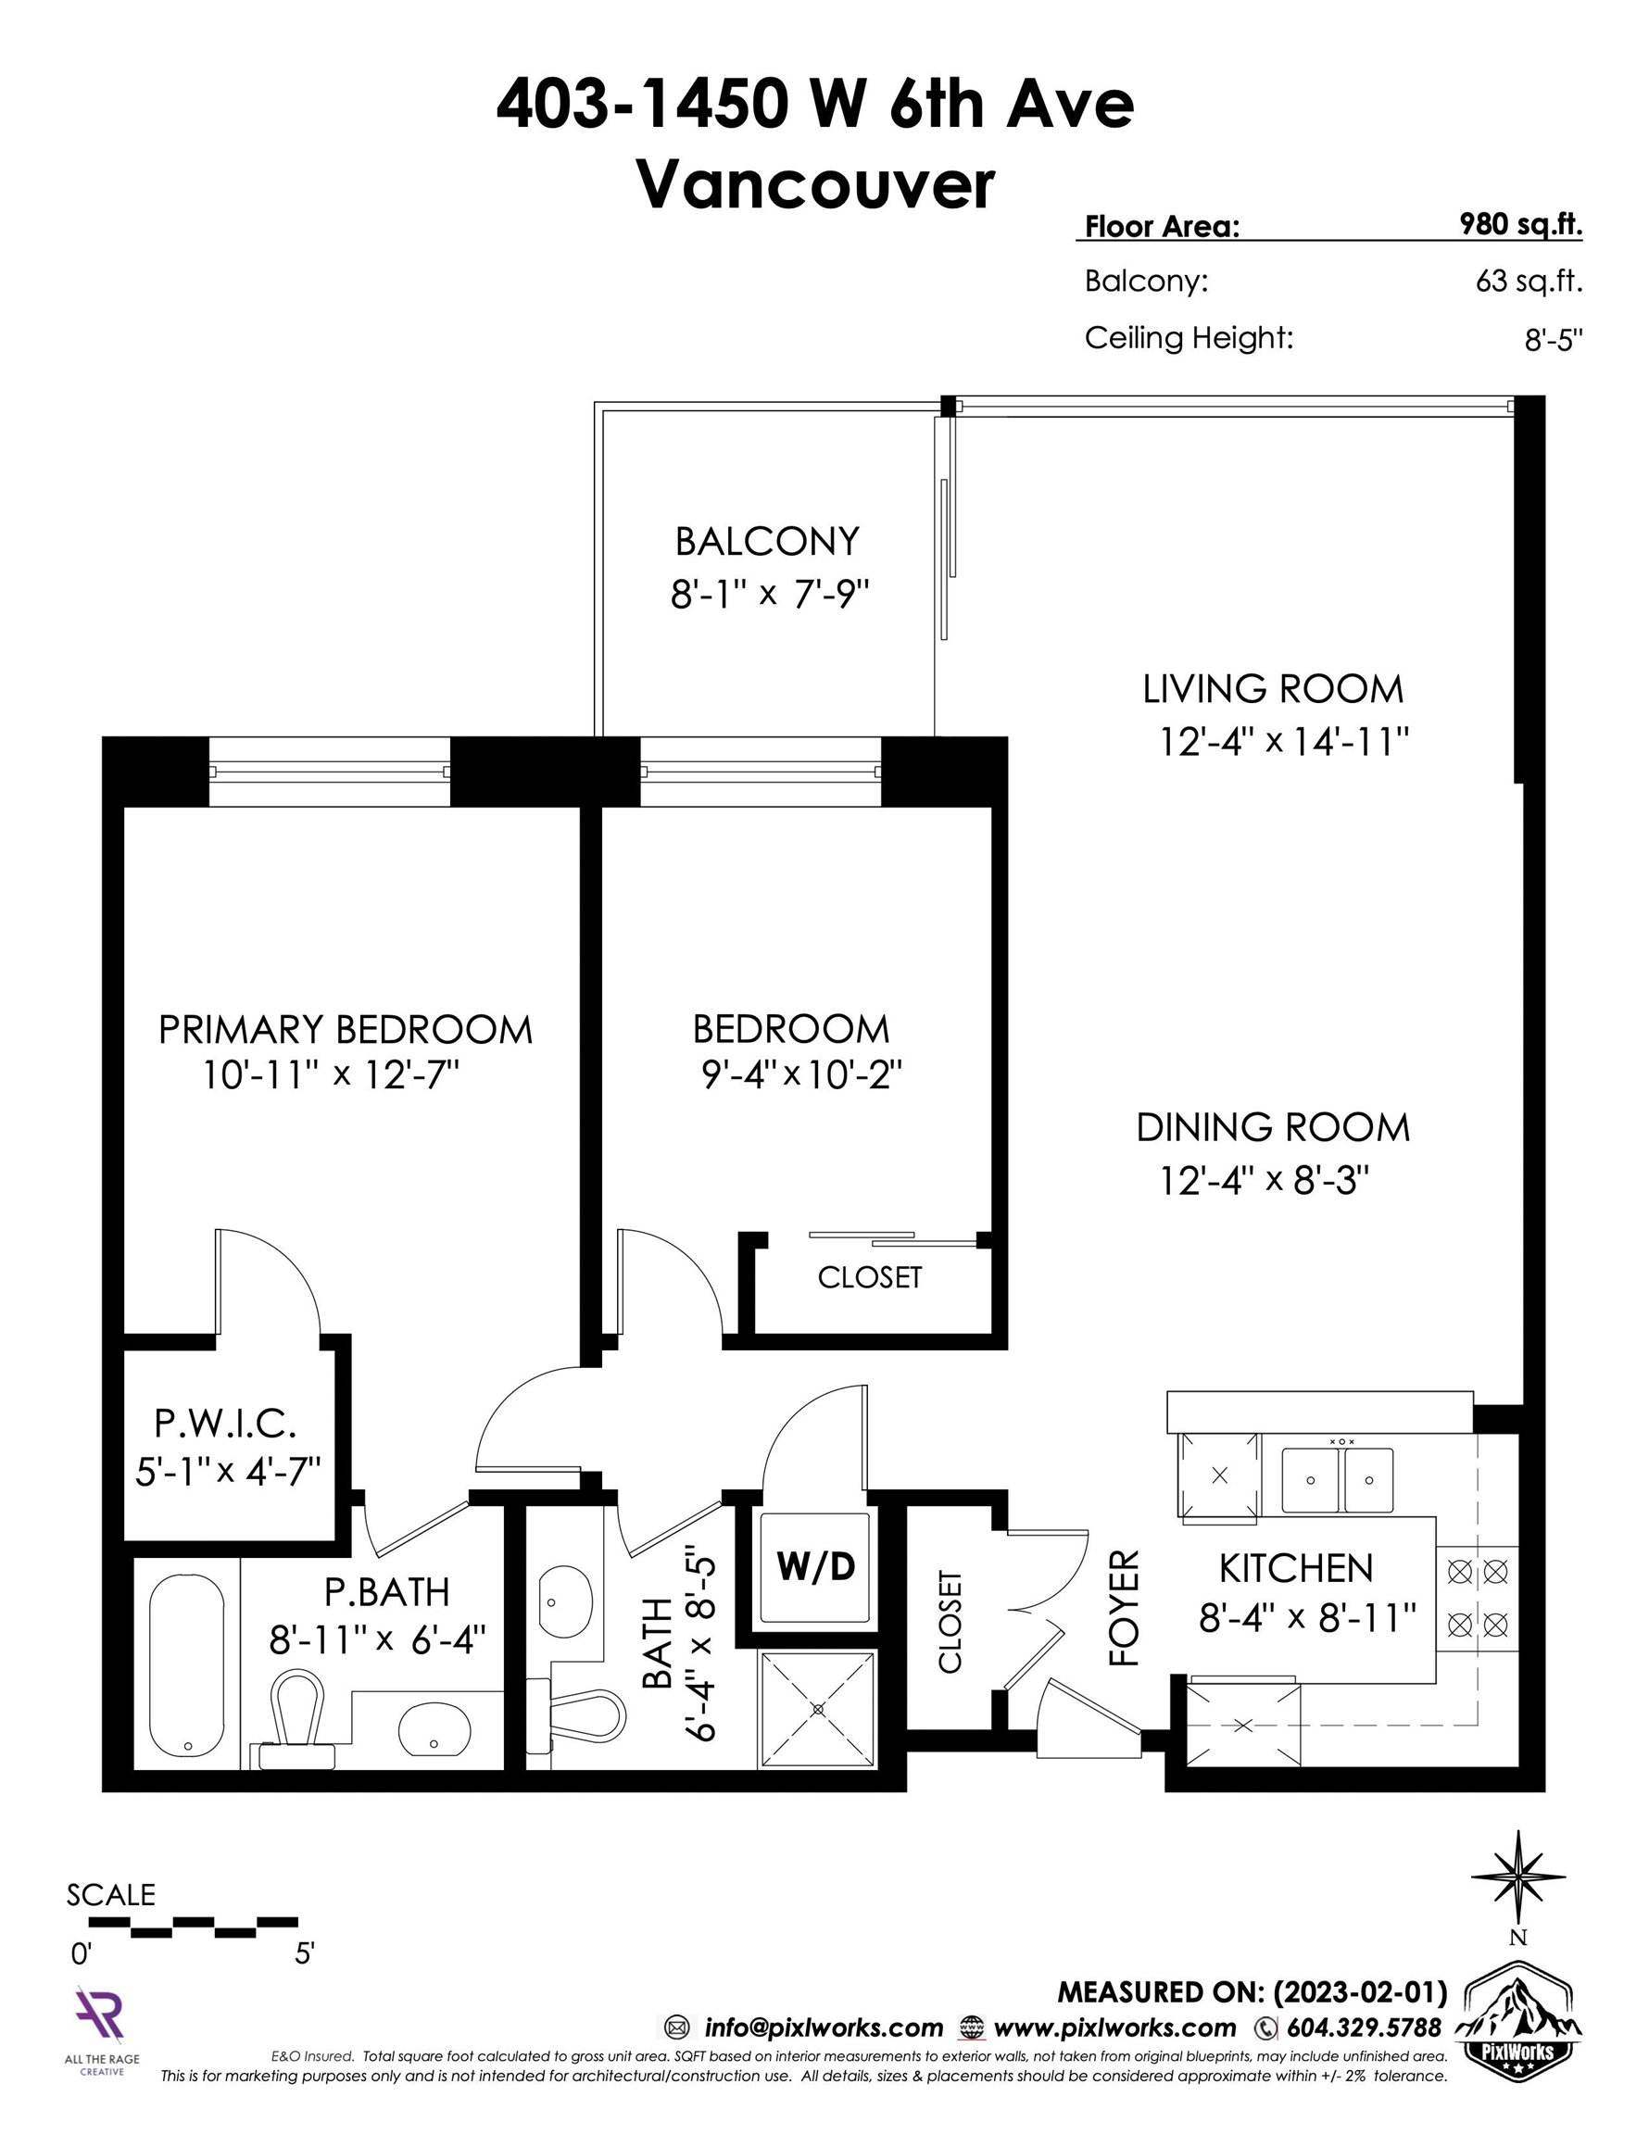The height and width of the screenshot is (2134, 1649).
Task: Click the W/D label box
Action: (815, 1568)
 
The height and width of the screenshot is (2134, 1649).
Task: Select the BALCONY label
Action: (767, 540)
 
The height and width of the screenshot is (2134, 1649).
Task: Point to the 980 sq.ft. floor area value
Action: (1520, 225)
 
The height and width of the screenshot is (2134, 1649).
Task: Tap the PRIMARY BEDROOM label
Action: (345, 1030)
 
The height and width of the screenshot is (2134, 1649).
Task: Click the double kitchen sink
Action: (1337, 1480)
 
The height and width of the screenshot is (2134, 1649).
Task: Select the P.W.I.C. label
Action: (225, 1424)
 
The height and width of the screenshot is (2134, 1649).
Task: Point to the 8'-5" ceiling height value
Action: (1554, 339)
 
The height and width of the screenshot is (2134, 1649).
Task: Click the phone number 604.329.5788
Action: (1364, 2028)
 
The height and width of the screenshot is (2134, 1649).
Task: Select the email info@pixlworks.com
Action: (823, 2028)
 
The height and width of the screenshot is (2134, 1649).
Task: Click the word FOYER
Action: (1124, 1608)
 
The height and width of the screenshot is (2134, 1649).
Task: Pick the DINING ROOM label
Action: (1273, 1127)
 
